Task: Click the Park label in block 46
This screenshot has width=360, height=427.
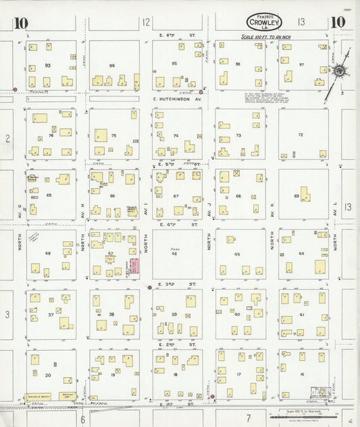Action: tap(174, 249)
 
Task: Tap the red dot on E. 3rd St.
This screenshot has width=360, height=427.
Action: tap(149, 288)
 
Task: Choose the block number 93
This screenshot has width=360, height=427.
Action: tap(47, 65)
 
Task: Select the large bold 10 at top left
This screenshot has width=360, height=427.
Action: tap(20, 24)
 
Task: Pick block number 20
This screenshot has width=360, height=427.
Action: tap(47, 375)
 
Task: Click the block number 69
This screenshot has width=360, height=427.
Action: tap(297, 196)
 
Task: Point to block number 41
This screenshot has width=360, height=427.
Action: tap(302, 315)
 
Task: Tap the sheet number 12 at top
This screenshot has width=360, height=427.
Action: tap(146, 22)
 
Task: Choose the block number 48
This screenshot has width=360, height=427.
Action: tap(48, 253)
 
